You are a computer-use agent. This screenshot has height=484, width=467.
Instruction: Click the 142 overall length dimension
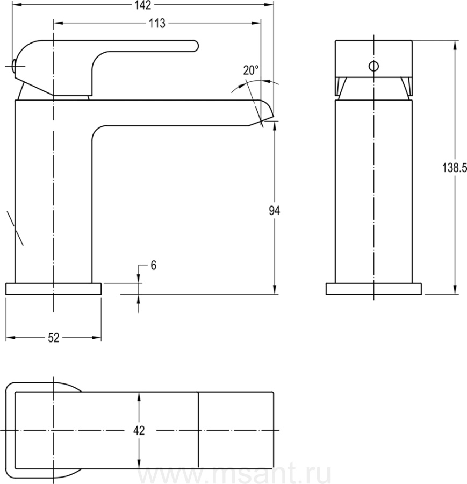pos(143,5)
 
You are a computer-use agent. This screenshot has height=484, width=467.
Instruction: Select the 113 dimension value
pos(157,24)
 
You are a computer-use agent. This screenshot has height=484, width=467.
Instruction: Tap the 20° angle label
pos(250,70)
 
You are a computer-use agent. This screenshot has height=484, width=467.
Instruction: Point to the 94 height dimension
pos(274,210)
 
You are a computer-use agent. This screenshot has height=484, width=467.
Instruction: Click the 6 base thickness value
pos(153,265)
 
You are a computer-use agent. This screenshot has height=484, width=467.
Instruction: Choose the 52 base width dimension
pos(53,338)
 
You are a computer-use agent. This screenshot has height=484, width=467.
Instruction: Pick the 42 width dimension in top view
pos(139,430)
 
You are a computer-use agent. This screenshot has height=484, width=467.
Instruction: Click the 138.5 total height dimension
pos(455,168)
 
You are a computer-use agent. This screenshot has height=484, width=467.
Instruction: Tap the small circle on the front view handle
pos(373,66)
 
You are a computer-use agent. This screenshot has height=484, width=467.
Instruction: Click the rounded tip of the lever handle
pos(196,46)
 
